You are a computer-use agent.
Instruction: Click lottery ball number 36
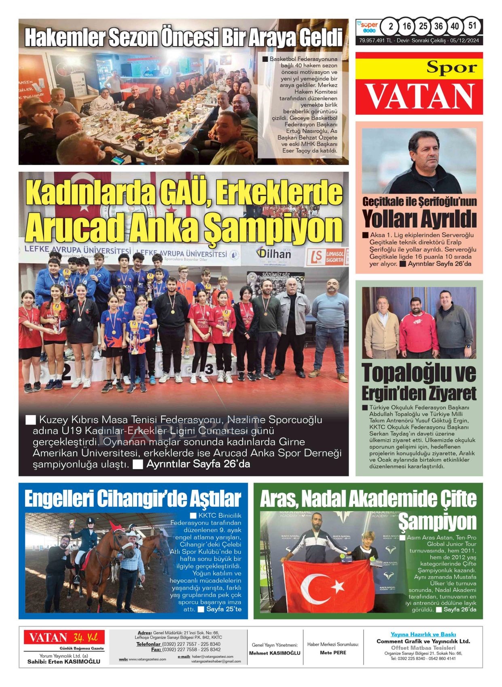coord(438,26)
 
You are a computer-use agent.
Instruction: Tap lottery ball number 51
coord(472,26)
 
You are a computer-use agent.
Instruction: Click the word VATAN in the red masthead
coord(419,97)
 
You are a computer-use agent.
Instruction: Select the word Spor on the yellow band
coord(451,68)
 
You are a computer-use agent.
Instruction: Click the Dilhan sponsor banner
coord(273,254)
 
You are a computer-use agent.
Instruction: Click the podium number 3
coord(209,369)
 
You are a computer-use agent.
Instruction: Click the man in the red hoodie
coord(418,327)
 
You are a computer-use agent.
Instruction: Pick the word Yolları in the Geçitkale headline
coord(391,219)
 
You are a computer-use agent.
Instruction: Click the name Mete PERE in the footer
coord(333,653)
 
